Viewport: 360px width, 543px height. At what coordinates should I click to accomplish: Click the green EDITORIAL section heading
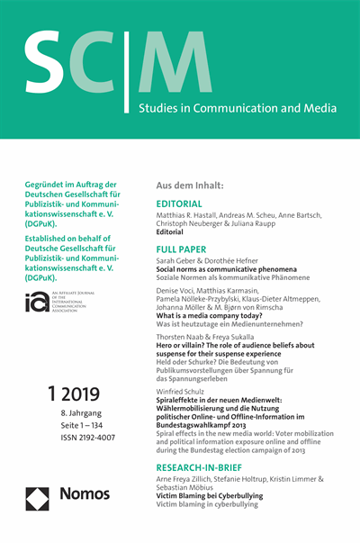click(x=184, y=204)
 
